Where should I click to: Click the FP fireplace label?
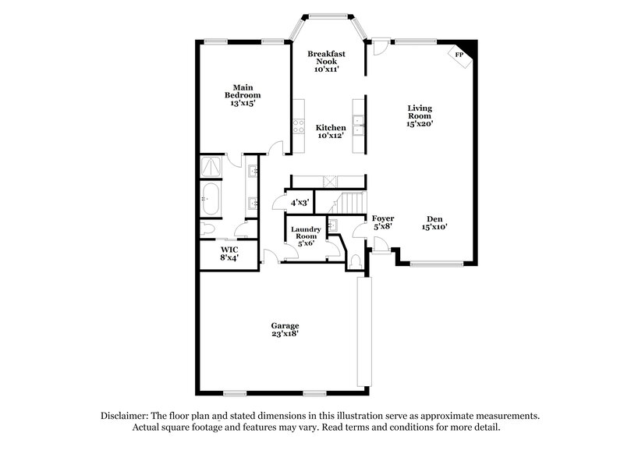(x=459, y=55)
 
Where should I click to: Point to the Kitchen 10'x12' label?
(x=331, y=131)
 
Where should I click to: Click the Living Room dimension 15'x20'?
(x=420, y=123)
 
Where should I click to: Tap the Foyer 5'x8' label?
(x=382, y=222)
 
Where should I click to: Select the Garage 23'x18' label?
(x=285, y=329)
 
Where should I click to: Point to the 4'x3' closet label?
(x=300, y=203)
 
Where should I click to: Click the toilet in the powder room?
(x=355, y=260)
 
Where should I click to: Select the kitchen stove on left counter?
(x=298, y=125)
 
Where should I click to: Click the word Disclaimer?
(x=126, y=416)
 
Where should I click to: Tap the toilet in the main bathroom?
(x=207, y=229)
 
